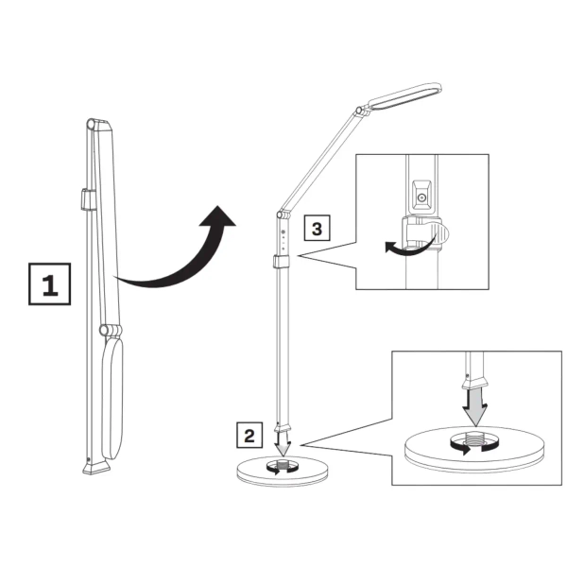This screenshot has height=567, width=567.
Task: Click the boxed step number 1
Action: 49,284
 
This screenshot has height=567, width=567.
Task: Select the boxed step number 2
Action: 249,436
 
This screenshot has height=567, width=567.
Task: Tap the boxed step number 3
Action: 318,228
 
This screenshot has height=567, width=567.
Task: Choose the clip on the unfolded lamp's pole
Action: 281,262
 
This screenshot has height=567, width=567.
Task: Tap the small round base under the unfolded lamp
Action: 281,471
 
